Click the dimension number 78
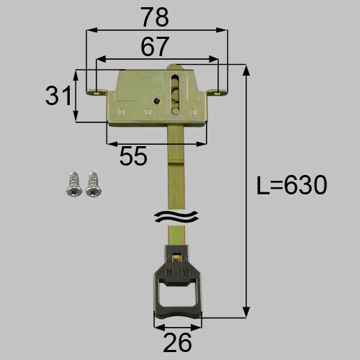[x=155, y=17]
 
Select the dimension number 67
[x=155, y=46]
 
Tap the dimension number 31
[x=58, y=96]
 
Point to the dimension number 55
[x=133, y=156]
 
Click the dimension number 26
[x=178, y=343]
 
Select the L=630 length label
[x=292, y=185]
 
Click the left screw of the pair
[x=73, y=183]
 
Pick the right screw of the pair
[x=94, y=183]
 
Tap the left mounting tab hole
[x=97, y=92]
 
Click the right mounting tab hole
[x=217, y=92]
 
